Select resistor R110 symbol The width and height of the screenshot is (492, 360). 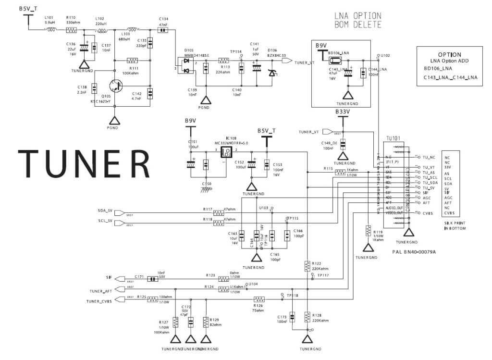71,30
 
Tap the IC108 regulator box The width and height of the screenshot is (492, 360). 226,152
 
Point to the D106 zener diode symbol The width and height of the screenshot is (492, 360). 272,73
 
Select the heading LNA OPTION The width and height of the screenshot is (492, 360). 358,16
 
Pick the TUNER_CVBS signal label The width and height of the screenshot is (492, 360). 99,301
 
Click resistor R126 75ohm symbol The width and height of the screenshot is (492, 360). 258,299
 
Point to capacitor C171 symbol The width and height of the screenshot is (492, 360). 152,278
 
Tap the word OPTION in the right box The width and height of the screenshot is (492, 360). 449,55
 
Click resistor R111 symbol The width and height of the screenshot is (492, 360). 132,61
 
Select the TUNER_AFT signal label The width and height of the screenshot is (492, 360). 101,291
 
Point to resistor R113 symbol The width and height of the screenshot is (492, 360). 223,61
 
